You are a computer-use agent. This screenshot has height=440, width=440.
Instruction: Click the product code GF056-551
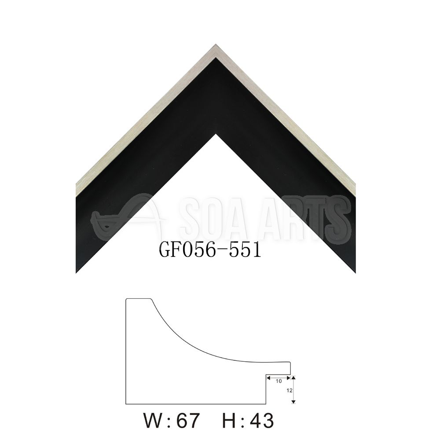210,249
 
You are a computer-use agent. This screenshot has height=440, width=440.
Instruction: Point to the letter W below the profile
153,420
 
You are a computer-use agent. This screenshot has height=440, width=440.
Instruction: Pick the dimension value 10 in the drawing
279,381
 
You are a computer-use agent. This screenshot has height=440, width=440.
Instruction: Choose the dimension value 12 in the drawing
290,390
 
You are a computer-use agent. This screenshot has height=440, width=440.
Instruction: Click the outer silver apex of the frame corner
216,44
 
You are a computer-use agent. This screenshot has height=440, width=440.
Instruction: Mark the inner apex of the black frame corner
216,134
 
